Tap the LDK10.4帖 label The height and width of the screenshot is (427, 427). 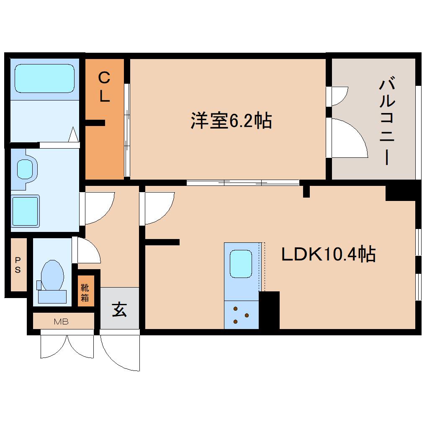(x=328, y=254)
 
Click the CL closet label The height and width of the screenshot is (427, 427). (x=104, y=87)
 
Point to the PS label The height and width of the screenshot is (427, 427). (x=18, y=265)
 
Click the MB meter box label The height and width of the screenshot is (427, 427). (x=61, y=322)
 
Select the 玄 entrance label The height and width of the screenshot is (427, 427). (x=119, y=310)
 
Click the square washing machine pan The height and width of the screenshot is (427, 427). (x=25, y=211)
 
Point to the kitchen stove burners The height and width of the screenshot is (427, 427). (x=241, y=315)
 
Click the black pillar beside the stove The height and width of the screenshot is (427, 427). (x=269, y=310)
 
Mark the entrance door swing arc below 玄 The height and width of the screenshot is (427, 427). (x=119, y=352)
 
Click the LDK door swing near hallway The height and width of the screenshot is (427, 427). (x=159, y=207)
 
